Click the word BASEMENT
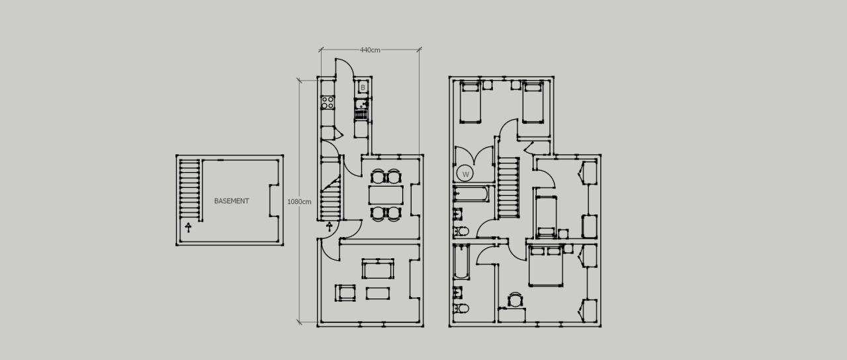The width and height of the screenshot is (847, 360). (x=232, y=201)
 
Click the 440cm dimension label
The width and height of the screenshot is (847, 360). (x=370, y=50)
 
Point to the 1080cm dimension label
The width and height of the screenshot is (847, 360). (x=298, y=201)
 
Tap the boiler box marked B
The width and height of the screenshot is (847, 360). (x=363, y=87)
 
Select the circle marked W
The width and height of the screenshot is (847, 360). (x=465, y=174)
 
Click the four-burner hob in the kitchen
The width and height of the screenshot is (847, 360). (x=328, y=103)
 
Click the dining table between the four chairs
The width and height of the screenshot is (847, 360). (x=385, y=195)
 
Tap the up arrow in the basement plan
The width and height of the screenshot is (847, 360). (x=189, y=228)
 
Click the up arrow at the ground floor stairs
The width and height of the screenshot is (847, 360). (x=329, y=227)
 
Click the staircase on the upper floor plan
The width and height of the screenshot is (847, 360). (x=508, y=187)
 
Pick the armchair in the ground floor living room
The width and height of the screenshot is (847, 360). (x=345, y=292)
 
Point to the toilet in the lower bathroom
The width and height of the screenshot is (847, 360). (x=462, y=308)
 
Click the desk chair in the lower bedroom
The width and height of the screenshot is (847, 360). (x=515, y=300)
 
